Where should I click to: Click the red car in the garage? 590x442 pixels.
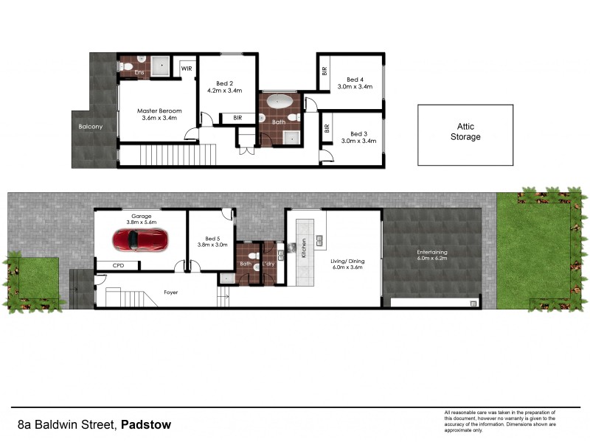[140, 239]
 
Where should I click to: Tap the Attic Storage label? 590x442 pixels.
[465, 132]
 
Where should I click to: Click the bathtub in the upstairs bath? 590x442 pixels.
[279, 102]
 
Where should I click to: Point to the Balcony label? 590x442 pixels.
[91, 127]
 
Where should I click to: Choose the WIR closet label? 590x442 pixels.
[187, 69]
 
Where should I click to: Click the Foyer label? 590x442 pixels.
[170, 292]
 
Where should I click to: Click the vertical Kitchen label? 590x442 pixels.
[303, 248]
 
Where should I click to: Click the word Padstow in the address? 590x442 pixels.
[147, 424]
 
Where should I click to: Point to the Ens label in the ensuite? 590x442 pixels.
[139, 72]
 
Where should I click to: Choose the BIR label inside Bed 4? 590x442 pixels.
[324, 71]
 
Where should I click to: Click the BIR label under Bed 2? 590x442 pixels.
[237, 117]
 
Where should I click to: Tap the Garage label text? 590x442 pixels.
[141, 217]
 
